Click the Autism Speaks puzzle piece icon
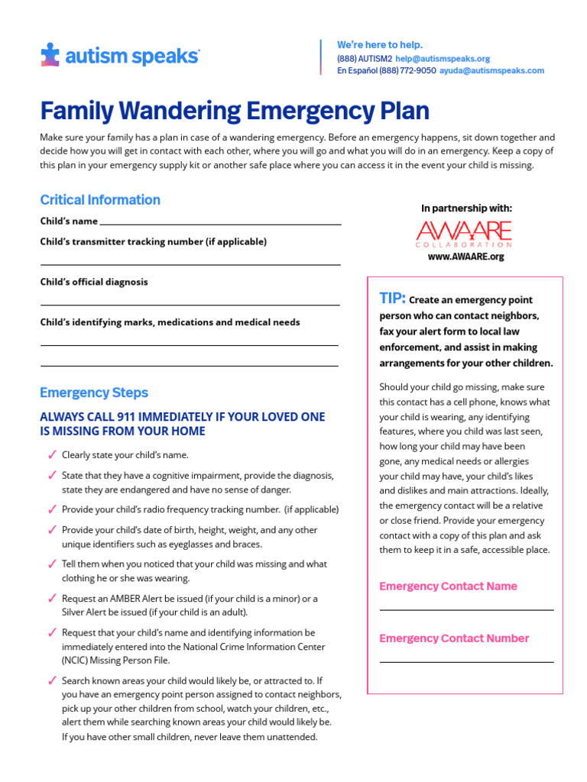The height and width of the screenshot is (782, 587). pyautogui.click(x=50, y=55)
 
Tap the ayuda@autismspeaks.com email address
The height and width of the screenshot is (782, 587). pyautogui.click(x=491, y=70)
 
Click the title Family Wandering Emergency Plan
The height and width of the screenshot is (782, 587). pyautogui.click(x=235, y=111)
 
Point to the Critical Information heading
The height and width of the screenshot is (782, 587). pyautogui.click(x=100, y=200)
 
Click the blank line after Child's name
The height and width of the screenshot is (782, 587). pyautogui.click(x=220, y=224)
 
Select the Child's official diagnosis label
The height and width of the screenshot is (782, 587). pyautogui.click(x=94, y=282)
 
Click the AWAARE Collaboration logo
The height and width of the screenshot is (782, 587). pyautogui.click(x=464, y=233)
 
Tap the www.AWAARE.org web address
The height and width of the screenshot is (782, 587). pyautogui.click(x=465, y=257)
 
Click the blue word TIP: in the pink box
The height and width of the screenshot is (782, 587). pyautogui.click(x=393, y=299)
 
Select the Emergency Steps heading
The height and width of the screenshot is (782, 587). pyautogui.click(x=94, y=393)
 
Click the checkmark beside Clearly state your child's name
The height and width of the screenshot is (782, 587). pyautogui.click(x=51, y=455)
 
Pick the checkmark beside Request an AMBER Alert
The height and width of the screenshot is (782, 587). pyautogui.click(x=51, y=599)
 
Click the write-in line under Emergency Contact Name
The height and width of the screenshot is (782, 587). pyautogui.click(x=466, y=609)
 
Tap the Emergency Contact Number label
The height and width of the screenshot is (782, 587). pyautogui.click(x=454, y=638)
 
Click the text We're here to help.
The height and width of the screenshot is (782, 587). pyautogui.click(x=380, y=45)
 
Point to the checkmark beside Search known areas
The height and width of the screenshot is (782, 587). pyautogui.click(x=51, y=680)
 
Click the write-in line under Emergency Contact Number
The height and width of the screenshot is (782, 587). pyautogui.click(x=466, y=661)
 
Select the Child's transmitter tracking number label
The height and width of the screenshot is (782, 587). pyautogui.click(x=154, y=241)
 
